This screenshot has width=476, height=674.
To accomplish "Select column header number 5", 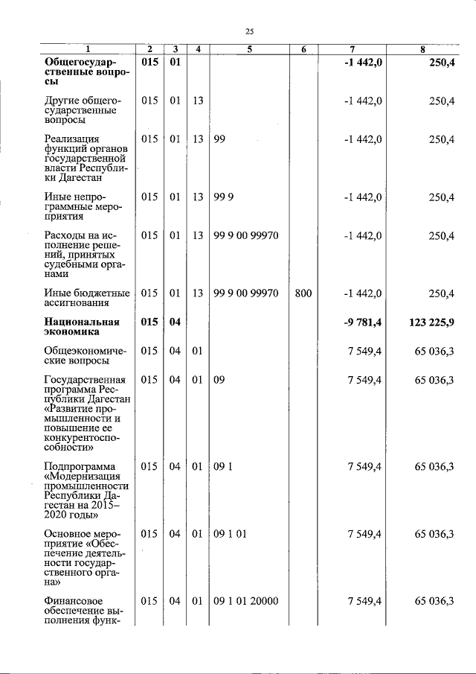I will pos(250,50).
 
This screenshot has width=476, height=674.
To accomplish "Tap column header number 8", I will pos(422,50).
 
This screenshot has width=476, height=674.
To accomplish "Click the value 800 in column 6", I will pos(303,293).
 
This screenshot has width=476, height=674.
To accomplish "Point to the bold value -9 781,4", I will pos(362,322).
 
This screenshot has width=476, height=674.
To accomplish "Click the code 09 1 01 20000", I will pos(245,601).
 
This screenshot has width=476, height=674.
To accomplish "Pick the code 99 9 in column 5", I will pos(224,197).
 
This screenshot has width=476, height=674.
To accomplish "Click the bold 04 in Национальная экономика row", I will pos(174,322).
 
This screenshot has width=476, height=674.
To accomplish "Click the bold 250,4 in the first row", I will pos(441,63).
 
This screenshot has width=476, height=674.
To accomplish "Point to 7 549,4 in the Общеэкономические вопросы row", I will pos(364,351).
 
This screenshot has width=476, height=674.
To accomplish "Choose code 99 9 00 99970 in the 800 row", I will pos(245,293).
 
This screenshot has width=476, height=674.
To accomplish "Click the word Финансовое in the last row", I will pos(73,601).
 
